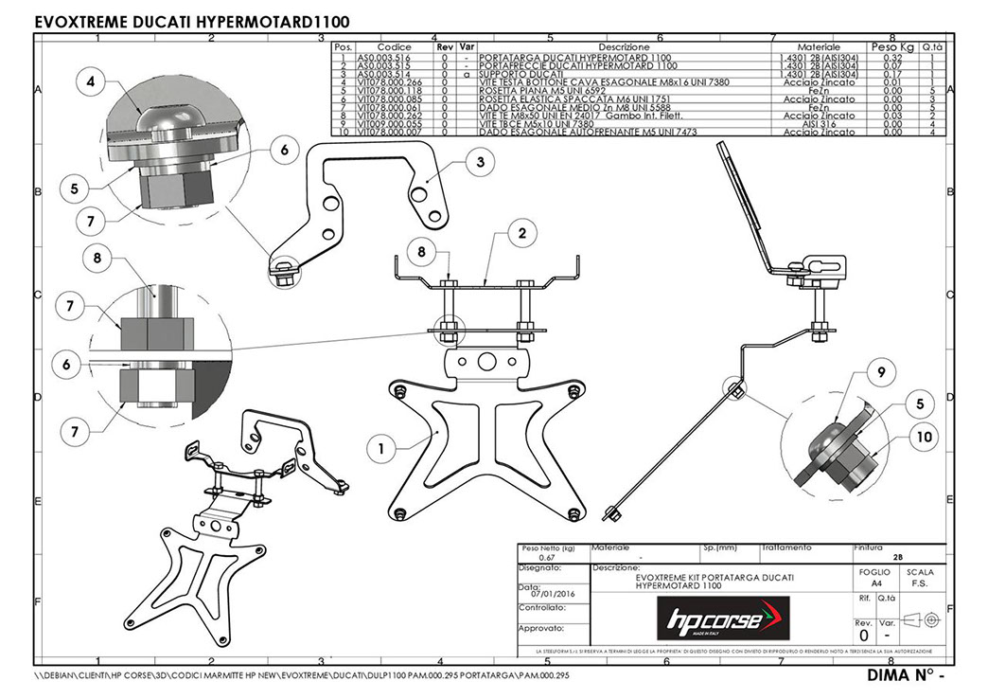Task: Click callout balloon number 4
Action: click(x=90, y=82)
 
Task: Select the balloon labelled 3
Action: click(x=481, y=163)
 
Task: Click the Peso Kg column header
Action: click(x=891, y=46)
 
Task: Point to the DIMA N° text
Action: click(x=905, y=677)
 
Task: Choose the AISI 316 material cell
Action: click(x=819, y=124)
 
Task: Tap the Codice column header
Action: click(x=394, y=46)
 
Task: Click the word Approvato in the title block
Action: click(x=542, y=628)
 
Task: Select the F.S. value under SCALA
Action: click(x=919, y=584)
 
